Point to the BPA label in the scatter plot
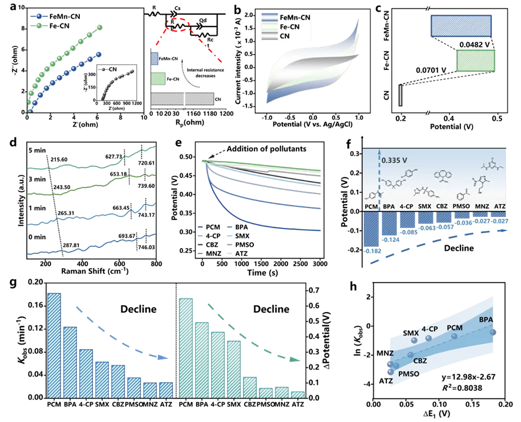(x=486, y=320)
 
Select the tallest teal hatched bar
(x=186, y=347)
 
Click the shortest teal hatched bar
(x=298, y=395)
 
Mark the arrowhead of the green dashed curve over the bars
(x=299, y=360)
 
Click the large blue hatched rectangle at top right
(x=462, y=26)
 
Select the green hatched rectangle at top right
(x=476, y=61)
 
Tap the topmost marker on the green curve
(x=99, y=27)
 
